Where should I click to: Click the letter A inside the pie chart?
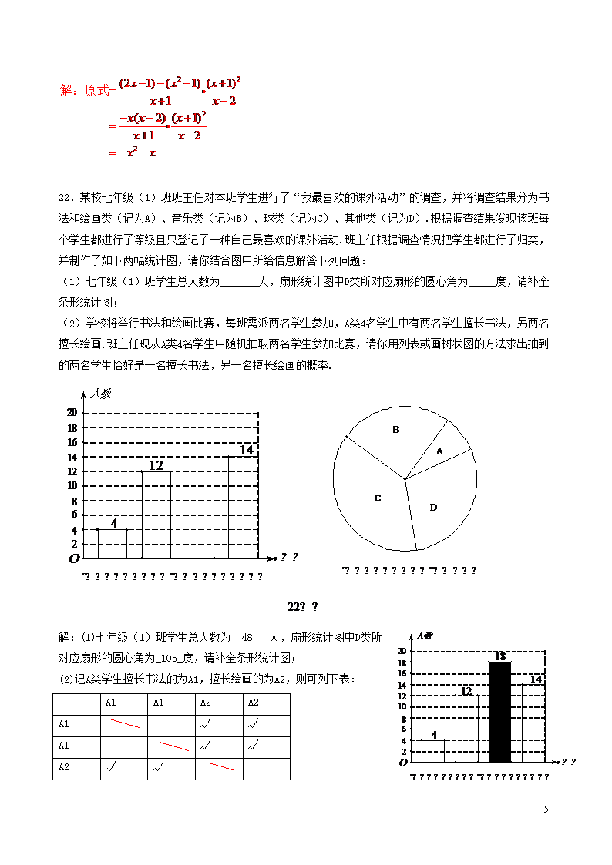pyautogui.click(x=440, y=451)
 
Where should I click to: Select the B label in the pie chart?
pyautogui.click(x=396, y=430)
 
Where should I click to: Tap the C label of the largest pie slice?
pyautogui.click(x=378, y=498)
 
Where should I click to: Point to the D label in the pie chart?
pyautogui.click(x=433, y=507)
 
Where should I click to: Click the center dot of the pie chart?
pyautogui.click(x=405, y=479)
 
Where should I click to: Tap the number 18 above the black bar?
pyautogui.click(x=499, y=656)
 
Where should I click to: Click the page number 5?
pyautogui.click(x=546, y=809)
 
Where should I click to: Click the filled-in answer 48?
pyautogui.click(x=247, y=638)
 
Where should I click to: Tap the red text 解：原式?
pyautogui.click(x=84, y=91)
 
